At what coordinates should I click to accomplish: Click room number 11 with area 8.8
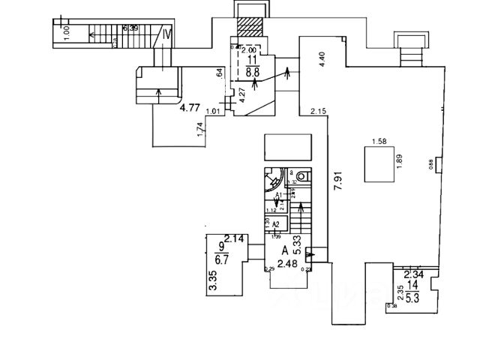pyautogui.click(x=252, y=65)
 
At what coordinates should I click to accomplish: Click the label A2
pyautogui.click(x=275, y=224)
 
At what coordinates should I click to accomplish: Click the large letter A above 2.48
pyautogui.click(x=285, y=251)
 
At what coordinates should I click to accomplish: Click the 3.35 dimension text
pyautogui.click(x=212, y=283)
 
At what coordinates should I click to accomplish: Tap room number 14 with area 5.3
pyautogui.click(x=413, y=291)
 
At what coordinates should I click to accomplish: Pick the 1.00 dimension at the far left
pyautogui.click(x=67, y=33)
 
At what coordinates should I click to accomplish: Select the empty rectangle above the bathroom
pyautogui.click(x=288, y=146)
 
